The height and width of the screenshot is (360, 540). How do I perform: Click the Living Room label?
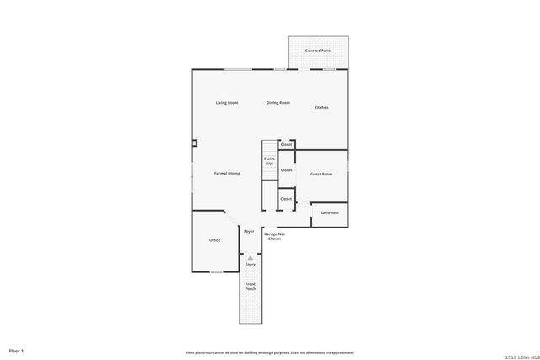[x=226, y=103]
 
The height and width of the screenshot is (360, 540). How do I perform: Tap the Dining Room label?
[x=278, y=103]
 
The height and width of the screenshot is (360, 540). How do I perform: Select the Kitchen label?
[x=321, y=107]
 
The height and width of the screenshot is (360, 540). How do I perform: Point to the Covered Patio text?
[x=317, y=51]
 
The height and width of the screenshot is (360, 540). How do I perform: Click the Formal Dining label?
[x=226, y=173]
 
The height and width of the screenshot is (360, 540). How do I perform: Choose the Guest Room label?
[x=321, y=174]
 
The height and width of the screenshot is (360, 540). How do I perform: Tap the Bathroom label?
[x=329, y=212]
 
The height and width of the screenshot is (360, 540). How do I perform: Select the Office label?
[x=214, y=240]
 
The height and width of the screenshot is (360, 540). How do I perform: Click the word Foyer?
[x=249, y=231]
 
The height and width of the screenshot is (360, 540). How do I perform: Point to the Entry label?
[x=251, y=265]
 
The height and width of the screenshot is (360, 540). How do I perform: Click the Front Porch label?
[x=251, y=287]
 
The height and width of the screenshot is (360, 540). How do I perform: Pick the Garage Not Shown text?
[x=275, y=236]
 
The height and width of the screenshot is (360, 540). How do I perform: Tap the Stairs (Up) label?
[x=269, y=160]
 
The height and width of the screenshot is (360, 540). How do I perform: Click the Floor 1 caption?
[x=16, y=350]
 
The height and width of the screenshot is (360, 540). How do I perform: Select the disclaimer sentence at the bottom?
[x=269, y=352]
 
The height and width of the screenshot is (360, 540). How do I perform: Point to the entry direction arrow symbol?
[x=250, y=258]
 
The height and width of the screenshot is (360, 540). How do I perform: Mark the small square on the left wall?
[x=194, y=143]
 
